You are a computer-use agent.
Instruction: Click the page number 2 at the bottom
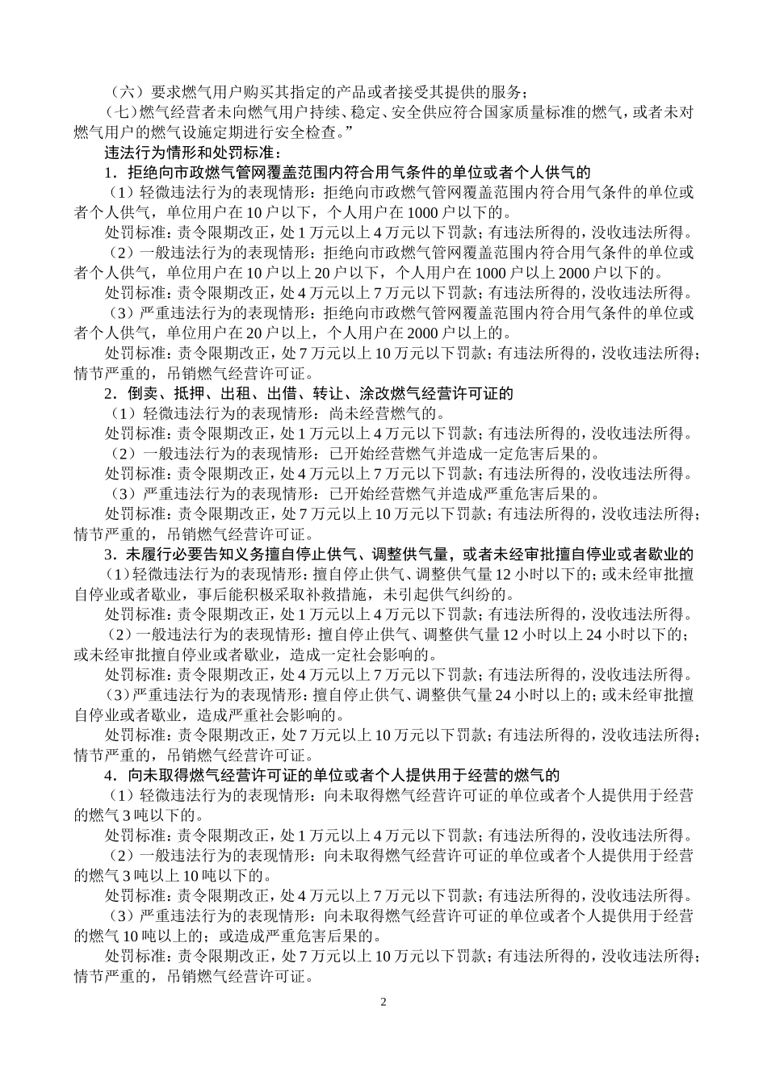[x=383, y=1003]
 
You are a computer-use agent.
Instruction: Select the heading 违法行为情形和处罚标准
[x=189, y=152]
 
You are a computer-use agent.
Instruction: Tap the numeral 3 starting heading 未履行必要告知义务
[x=109, y=555]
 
